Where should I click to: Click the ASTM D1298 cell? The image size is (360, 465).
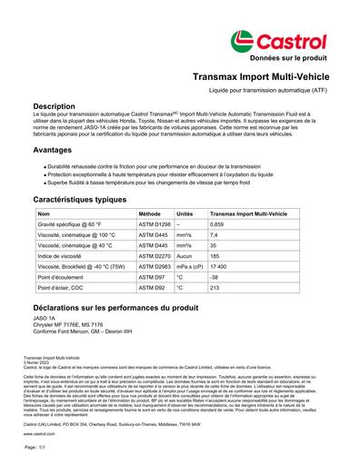pos(154,223)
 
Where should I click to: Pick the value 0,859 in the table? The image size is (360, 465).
pos(216,223)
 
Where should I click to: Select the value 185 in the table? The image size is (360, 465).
pos(215,257)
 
